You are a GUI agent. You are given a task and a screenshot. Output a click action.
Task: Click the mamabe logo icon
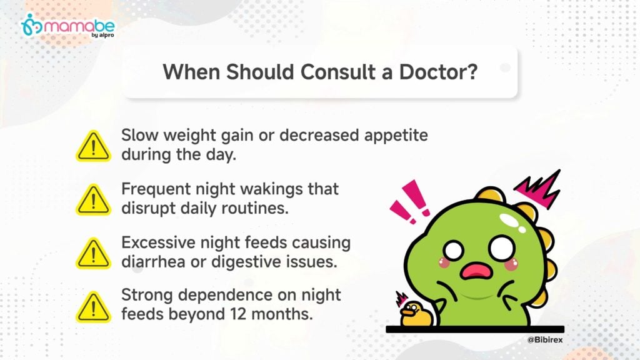(x=31, y=24)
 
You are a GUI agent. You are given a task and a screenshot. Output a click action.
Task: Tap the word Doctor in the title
(x=438, y=72)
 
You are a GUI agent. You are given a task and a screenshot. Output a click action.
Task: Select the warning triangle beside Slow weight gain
(x=94, y=146)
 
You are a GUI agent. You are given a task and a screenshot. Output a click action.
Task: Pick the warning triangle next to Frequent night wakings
(x=94, y=200)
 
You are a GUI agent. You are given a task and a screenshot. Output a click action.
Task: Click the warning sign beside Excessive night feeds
(x=94, y=254)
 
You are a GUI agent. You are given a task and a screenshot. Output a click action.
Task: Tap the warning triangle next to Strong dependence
(x=94, y=307)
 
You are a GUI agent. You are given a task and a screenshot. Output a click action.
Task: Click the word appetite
(x=396, y=136)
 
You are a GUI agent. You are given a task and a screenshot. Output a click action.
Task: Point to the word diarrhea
(x=154, y=262)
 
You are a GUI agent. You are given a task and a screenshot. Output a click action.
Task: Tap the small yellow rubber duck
(x=415, y=313)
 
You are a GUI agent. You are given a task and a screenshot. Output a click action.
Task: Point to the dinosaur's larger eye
(x=502, y=247)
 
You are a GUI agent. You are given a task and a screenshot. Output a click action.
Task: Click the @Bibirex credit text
(x=545, y=339)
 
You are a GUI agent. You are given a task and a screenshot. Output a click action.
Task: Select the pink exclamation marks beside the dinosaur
(x=410, y=201)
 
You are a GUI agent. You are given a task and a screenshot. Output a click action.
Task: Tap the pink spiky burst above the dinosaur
(x=537, y=189)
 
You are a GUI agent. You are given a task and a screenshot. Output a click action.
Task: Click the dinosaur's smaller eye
(x=454, y=250)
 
